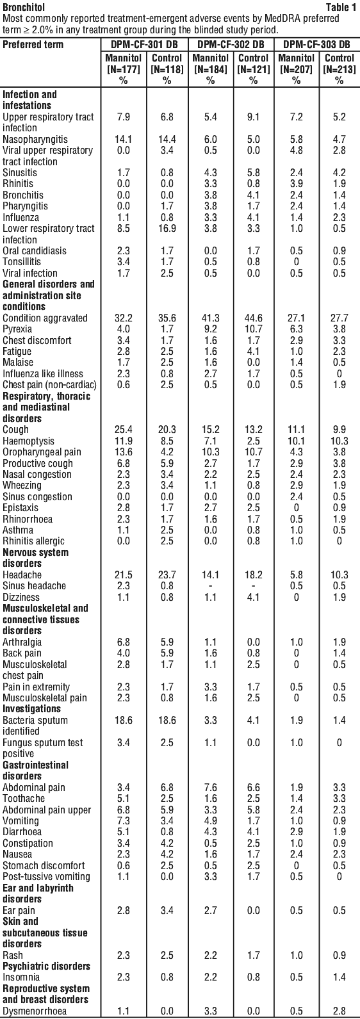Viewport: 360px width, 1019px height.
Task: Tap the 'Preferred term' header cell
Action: (x=33, y=45)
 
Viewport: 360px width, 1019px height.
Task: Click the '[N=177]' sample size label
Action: (x=124, y=69)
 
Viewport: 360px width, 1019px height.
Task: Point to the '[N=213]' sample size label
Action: (x=340, y=69)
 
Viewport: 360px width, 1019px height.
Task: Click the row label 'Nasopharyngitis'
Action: (x=35, y=139)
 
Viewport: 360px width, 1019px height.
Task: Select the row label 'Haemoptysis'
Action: (x=28, y=441)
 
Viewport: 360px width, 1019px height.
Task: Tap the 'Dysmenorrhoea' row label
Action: (x=35, y=1011)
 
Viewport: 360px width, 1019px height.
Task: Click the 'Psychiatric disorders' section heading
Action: (x=46, y=966)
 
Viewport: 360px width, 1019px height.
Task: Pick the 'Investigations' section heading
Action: (x=31, y=709)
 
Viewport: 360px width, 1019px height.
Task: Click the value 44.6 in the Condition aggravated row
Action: (x=253, y=318)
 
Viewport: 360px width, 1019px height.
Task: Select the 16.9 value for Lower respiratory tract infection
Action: (x=167, y=229)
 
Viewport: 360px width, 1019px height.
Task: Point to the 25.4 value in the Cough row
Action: (x=124, y=429)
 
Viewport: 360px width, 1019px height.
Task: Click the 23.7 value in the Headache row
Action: (x=167, y=575)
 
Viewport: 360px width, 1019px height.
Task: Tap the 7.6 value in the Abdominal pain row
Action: (x=210, y=787)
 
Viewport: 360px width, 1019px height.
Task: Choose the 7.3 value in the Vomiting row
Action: (x=124, y=821)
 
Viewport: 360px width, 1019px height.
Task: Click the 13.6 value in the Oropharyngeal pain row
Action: (x=124, y=452)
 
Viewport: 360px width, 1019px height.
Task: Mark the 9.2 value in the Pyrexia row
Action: (x=210, y=329)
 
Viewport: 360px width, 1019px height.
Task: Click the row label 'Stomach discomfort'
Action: (x=44, y=866)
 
